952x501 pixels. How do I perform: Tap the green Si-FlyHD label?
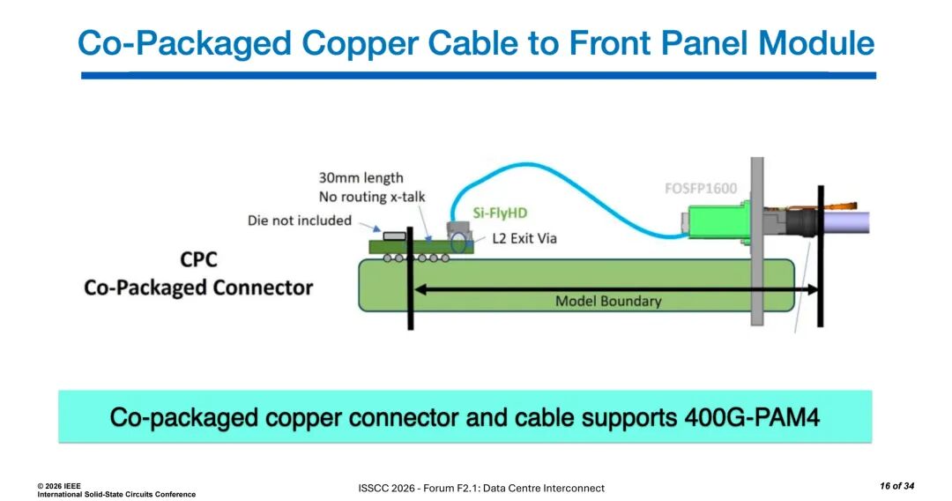(500, 213)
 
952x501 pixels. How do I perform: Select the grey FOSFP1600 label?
(701, 188)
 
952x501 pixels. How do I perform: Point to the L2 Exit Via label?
(524, 238)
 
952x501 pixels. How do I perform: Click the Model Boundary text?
(608, 301)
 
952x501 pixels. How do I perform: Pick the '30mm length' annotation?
(361, 178)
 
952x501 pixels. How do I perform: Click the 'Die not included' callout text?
(300, 221)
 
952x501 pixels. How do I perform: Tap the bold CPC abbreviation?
(198, 260)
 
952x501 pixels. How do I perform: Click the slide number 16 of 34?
(896, 486)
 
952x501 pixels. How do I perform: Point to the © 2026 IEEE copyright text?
(58, 486)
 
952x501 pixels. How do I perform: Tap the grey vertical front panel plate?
(756, 241)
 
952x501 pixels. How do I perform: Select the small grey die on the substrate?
(394, 236)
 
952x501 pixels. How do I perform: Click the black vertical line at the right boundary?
(821, 256)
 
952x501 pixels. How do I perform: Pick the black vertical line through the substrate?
(411, 278)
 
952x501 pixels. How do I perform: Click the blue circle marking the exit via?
(459, 243)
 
